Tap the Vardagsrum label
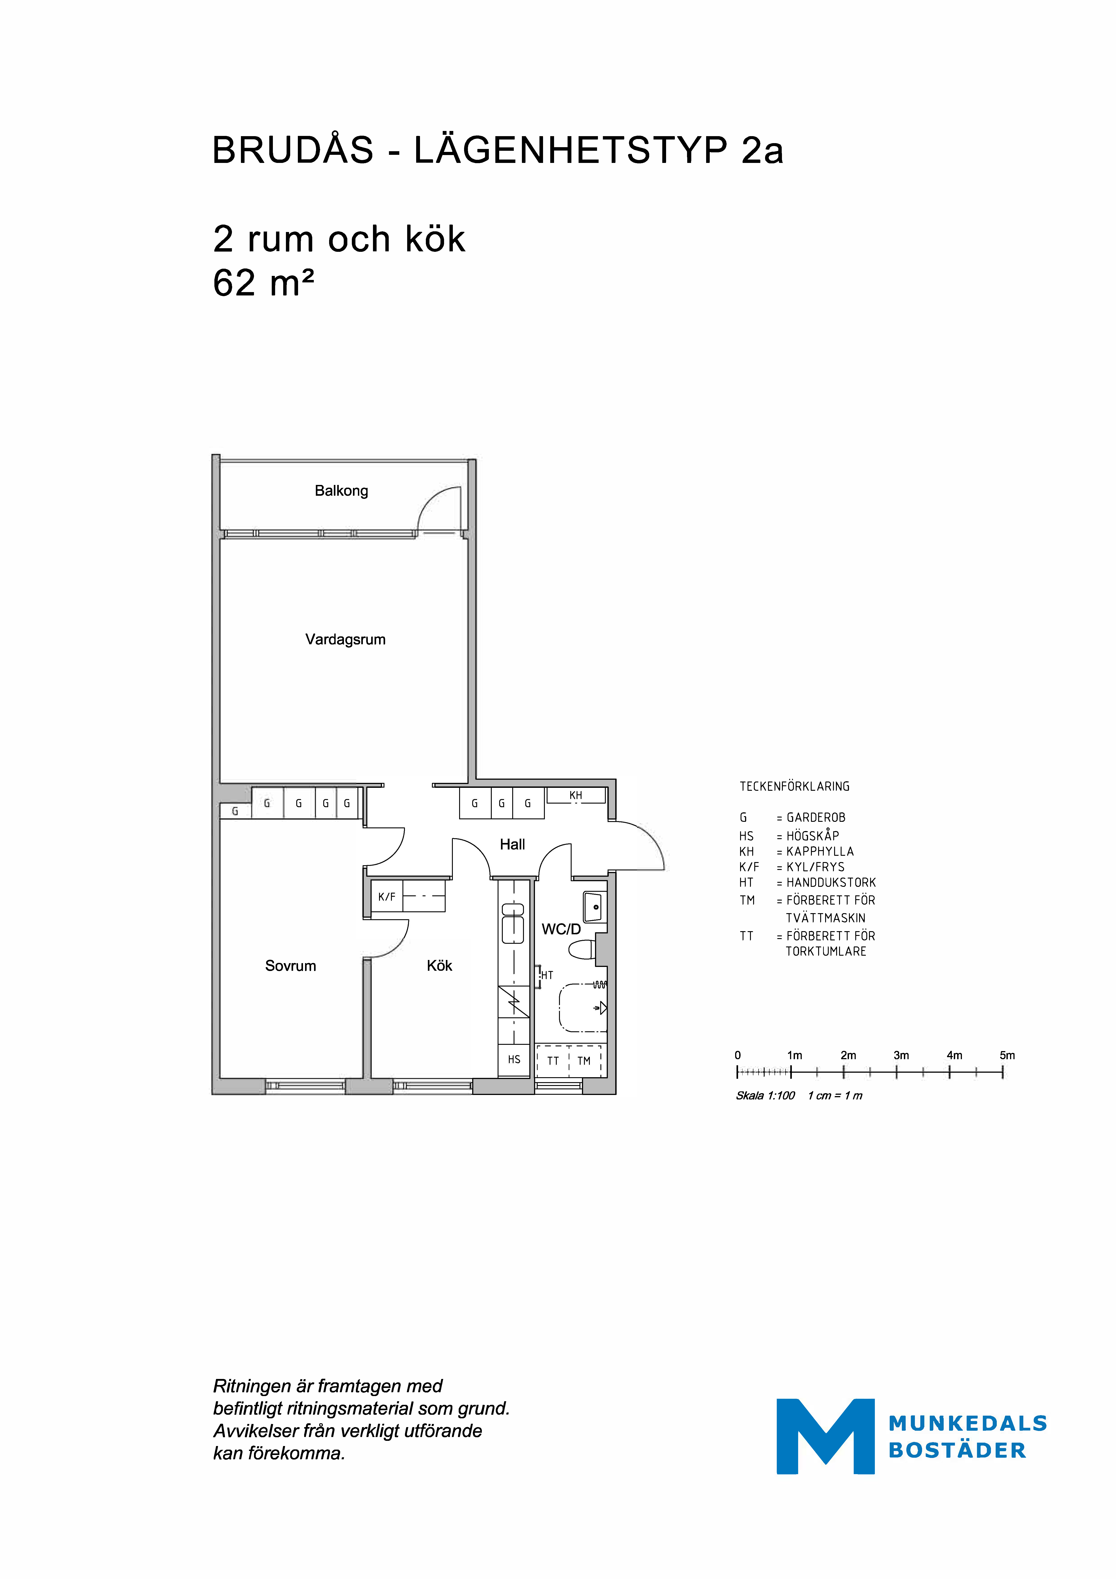[x=345, y=640]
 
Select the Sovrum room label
[x=290, y=966]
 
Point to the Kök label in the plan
[x=439, y=966]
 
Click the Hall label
[x=512, y=845]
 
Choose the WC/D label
[x=561, y=929]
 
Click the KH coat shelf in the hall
[x=575, y=796]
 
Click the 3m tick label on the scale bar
[x=901, y=1055]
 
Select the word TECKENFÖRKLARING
[x=794, y=786]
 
